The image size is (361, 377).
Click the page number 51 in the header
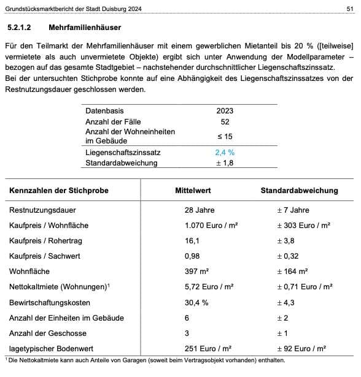[349, 9]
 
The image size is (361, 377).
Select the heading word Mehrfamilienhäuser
[85, 28]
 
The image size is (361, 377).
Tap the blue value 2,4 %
[224, 152]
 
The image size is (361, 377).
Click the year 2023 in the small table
[225, 111]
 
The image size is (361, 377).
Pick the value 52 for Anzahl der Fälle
[225, 121]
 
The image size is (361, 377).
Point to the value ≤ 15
[225, 136]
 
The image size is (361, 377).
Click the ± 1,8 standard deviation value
[225, 162]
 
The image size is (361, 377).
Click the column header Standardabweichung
[299, 191]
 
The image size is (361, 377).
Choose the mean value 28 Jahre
[200, 210]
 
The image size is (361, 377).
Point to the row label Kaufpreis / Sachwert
[45, 256]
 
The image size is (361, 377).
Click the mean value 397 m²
[197, 272]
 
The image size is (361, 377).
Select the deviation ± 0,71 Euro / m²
[305, 287]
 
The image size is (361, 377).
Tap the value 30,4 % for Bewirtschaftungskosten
[196, 302]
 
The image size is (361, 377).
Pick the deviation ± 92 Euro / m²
[301, 348]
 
